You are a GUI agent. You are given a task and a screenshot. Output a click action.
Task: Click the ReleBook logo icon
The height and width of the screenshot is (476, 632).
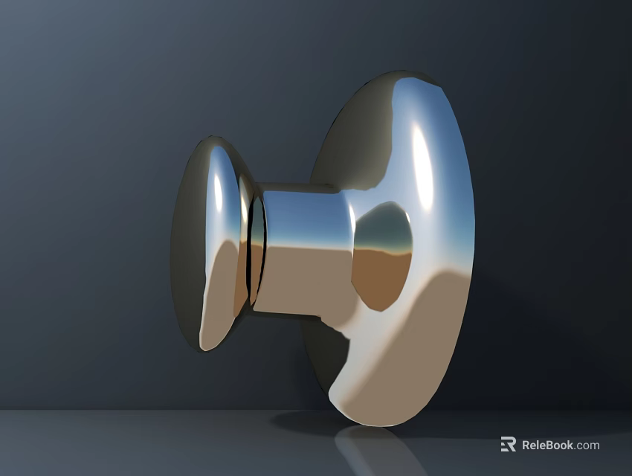click(508, 445)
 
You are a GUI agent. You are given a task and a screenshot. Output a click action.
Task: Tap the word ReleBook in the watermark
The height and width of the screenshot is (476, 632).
click(547, 446)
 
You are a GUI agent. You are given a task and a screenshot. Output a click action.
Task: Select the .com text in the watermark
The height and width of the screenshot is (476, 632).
click(587, 446)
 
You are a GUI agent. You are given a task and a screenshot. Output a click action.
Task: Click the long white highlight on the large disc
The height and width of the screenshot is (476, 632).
click(422, 167)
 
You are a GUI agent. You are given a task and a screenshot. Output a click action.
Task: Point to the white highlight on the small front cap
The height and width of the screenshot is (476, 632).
click(217, 186)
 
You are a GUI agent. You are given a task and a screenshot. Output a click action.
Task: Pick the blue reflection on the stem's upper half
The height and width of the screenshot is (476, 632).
click(305, 216)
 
